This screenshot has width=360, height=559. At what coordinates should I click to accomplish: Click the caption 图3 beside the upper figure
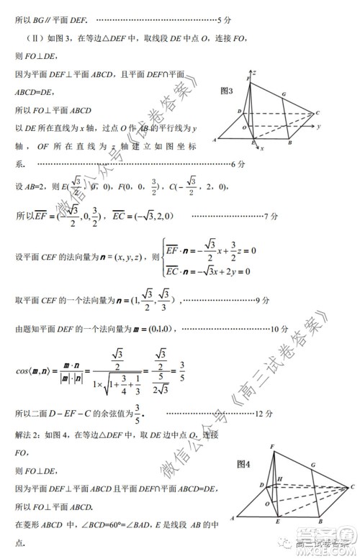[x=228, y=91]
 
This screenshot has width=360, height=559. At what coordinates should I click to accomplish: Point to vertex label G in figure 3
[x=284, y=94]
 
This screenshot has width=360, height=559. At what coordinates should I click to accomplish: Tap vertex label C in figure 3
[x=317, y=113]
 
